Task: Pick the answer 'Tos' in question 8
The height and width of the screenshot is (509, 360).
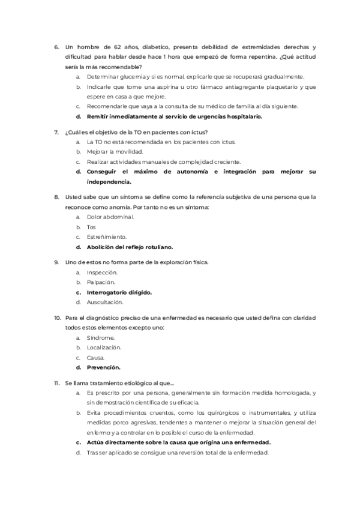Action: pos(91,227)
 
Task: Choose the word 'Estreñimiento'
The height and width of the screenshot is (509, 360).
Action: pos(107,236)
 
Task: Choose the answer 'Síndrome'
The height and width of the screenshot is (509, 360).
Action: pos(100,337)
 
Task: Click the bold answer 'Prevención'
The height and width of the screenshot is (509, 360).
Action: pos(104,367)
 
